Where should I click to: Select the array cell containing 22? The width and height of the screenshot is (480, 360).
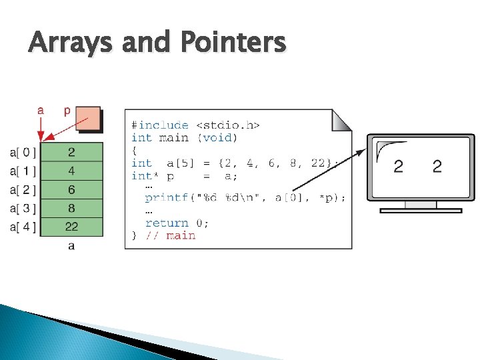pyautogui.click(x=71, y=227)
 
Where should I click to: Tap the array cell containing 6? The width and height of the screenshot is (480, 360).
pyautogui.click(x=71, y=189)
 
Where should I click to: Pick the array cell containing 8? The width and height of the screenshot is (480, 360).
pyautogui.click(x=71, y=208)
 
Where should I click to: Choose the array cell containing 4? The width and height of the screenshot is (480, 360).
pyautogui.click(x=71, y=171)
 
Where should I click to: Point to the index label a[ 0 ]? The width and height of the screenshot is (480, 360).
pyautogui.click(x=23, y=153)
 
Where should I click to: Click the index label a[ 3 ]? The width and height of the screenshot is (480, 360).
pyautogui.click(x=23, y=208)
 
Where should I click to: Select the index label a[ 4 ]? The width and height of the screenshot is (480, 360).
pyautogui.click(x=23, y=227)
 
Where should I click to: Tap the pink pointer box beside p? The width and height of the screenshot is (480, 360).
pyautogui.click(x=89, y=120)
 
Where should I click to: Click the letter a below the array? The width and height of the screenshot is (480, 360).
pyautogui.click(x=71, y=247)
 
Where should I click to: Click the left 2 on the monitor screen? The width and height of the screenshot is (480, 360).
pyautogui.click(x=398, y=166)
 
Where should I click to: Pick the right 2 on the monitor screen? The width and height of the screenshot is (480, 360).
pyautogui.click(x=437, y=166)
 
